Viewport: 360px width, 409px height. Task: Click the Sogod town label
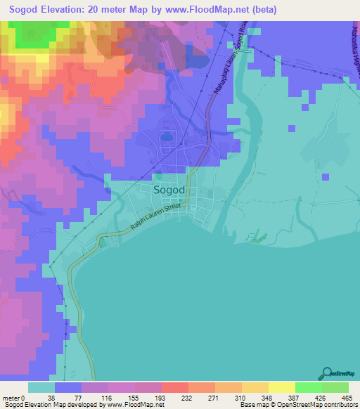tap(169, 190)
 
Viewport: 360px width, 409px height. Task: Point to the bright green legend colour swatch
tap(308, 387)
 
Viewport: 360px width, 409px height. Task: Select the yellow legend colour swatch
tap(281, 387)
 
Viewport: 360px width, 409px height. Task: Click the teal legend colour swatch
tap(41, 387)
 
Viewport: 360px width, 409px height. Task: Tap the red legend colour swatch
tap(175, 387)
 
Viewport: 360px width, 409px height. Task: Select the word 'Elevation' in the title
tap(66, 10)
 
